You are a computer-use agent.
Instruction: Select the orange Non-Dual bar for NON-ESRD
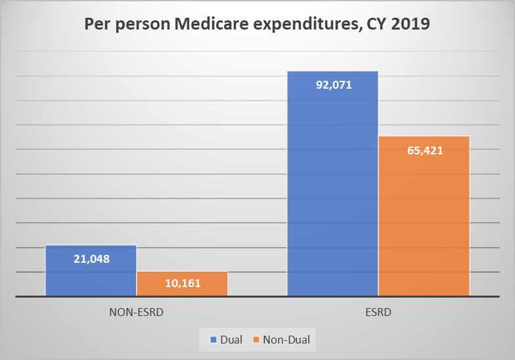[x=182, y=289]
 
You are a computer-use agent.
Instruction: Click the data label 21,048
[x=91, y=259]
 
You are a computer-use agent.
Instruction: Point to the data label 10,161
[x=182, y=284]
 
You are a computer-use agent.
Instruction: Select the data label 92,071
[x=333, y=84]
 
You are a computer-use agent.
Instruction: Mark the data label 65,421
[x=424, y=150]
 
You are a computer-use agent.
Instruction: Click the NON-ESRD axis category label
[x=136, y=312]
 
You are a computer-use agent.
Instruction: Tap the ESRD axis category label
[x=378, y=312]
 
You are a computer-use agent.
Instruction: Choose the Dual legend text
[x=232, y=340]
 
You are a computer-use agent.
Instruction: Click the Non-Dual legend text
[x=286, y=340]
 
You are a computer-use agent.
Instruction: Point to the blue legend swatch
[x=213, y=340]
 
